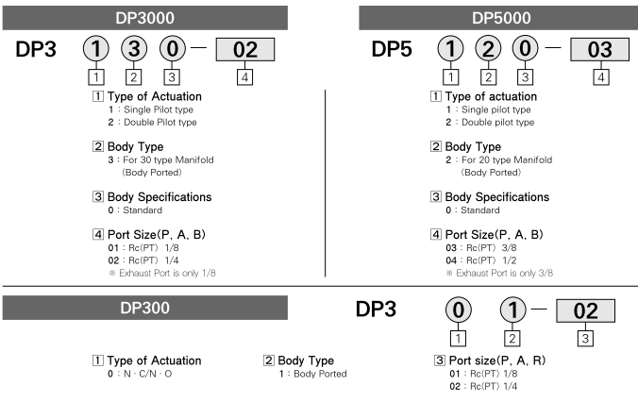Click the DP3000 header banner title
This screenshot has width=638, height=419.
[x=144, y=18]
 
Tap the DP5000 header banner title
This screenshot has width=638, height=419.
[x=501, y=18]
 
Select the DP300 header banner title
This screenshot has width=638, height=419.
[x=144, y=308]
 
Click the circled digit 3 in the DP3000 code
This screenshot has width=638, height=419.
[x=134, y=48]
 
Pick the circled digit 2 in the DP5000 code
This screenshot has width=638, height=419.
[x=488, y=48]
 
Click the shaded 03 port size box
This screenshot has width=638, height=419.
[x=599, y=50]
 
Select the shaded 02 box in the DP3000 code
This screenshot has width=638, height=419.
[x=245, y=50]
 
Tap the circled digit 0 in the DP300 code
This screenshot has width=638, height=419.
[x=458, y=310]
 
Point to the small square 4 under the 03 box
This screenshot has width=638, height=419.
[x=601, y=77]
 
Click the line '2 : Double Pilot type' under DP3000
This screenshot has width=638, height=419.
[x=153, y=123]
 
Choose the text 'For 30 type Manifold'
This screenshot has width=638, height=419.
[x=168, y=159]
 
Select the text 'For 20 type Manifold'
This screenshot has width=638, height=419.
[x=507, y=159]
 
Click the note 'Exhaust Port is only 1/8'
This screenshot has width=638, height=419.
[x=162, y=273]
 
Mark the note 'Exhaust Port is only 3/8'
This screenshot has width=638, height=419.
[x=499, y=273]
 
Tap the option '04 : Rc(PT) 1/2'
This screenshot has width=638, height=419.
[x=481, y=260]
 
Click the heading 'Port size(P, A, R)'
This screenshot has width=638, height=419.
[x=496, y=360]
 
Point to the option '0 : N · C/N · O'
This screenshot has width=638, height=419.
[x=140, y=374]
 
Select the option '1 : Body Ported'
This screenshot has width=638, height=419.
[x=313, y=374]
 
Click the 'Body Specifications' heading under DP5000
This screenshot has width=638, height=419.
[x=496, y=197]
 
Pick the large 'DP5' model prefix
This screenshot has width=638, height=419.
[x=392, y=49]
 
